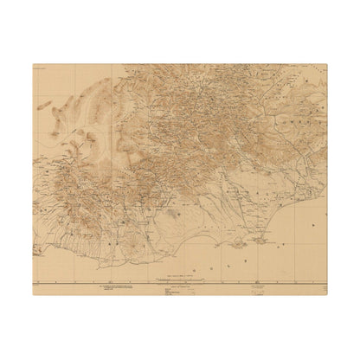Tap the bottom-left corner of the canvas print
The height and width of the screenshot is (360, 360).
click(33, 296)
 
